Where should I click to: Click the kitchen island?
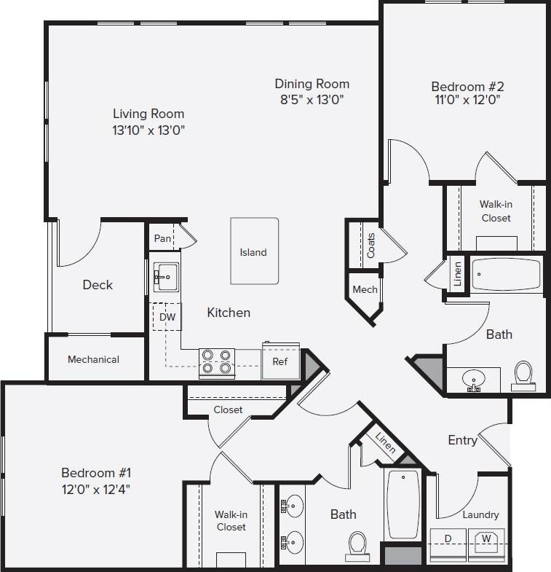click(x=254, y=251)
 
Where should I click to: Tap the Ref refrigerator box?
click(x=280, y=361)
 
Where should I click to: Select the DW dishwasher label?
click(x=167, y=317)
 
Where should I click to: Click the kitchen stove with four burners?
click(x=216, y=361)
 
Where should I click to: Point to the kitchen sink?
click(x=165, y=276)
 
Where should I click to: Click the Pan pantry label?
click(x=162, y=238)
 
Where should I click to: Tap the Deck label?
click(x=98, y=285)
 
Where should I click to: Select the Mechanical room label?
click(x=93, y=359)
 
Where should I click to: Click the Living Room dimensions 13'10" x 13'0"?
click(x=148, y=131)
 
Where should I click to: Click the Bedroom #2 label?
click(x=465, y=86)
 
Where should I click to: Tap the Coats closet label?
click(x=371, y=246)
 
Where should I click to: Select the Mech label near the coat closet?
click(x=365, y=289)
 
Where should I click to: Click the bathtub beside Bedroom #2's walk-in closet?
click(x=507, y=275)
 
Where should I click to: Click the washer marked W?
click(x=485, y=540)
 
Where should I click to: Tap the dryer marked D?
click(x=448, y=539)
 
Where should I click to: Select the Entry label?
click(x=462, y=440)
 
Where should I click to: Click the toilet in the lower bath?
click(x=357, y=544)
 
